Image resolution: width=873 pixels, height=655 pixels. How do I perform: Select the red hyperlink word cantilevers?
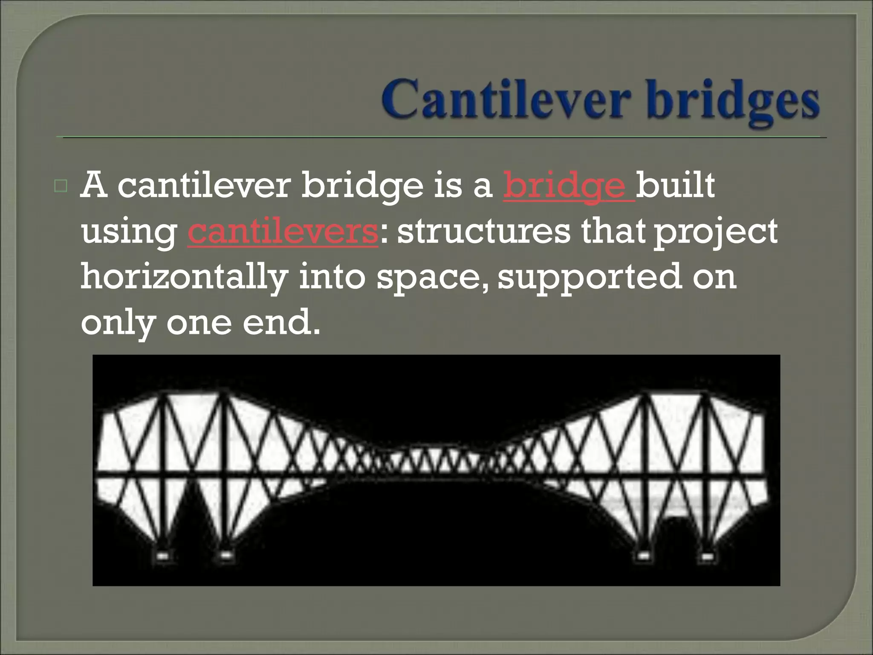pyautogui.click(x=283, y=232)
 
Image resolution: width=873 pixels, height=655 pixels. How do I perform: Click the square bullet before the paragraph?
pyautogui.click(x=61, y=186)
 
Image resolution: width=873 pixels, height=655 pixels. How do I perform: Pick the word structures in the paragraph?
pyautogui.click(x=483, y=232)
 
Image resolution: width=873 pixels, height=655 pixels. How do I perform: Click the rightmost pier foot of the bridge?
pyautogui.click(x=707, y=556)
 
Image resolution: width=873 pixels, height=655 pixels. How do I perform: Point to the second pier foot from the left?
pyautogui.click(x=226, y=556)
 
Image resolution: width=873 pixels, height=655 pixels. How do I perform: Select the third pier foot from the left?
pyautogui.click(x=644, y=556)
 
